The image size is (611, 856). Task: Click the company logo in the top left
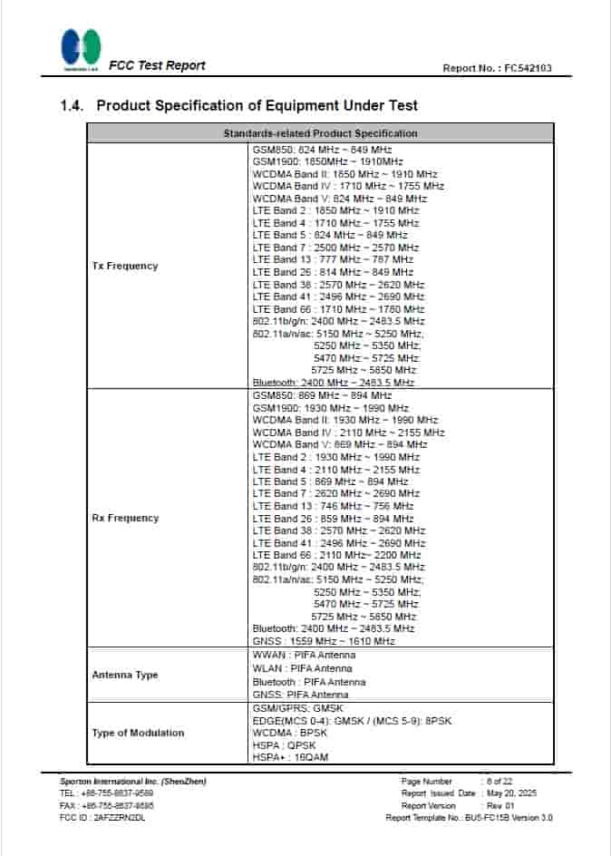coord(81,47)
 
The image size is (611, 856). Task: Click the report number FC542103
coord(527,68)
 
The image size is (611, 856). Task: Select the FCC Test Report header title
coord(157,65)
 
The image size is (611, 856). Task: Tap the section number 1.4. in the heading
coord(73,106)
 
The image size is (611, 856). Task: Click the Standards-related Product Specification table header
coord(320,133)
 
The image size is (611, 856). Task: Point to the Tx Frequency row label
coord(125,266)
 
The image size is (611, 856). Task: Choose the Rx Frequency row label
coord(125,518)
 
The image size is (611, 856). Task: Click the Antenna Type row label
coord(125,675)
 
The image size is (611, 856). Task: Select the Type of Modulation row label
coord(138,733)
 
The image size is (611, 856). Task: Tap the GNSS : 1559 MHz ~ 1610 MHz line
coord(324,641)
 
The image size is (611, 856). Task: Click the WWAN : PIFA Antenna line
coord(304,655)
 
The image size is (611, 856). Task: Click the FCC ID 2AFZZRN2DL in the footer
coord(102,817)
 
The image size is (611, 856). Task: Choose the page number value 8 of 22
coord(500,781)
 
